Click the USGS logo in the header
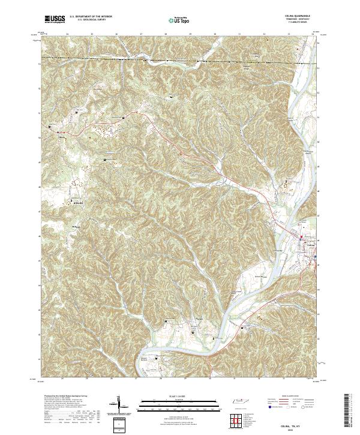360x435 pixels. (55, 19)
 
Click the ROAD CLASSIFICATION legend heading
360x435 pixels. (289, 397)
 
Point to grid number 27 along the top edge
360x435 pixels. (141, 34)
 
